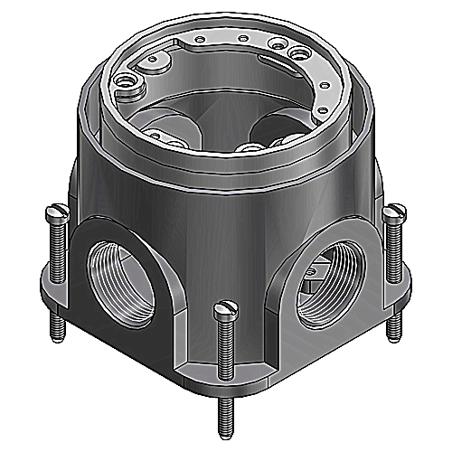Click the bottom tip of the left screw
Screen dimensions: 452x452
point(56,336)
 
